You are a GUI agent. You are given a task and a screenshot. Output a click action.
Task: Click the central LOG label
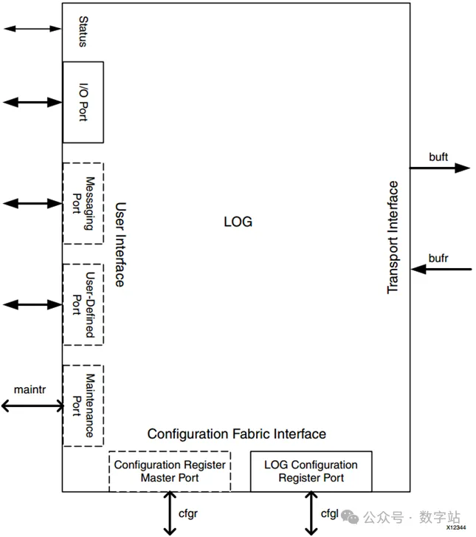pyautogui.click(x=238, y=222)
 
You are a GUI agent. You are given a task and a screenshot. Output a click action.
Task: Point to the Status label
pyautogui.click(x=83, y=32)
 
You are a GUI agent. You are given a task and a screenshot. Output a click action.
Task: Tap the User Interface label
pyautogui.click(x=120, y=244)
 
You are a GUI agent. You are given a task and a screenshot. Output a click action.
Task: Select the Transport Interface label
pyautogui.click(x=393, y=237)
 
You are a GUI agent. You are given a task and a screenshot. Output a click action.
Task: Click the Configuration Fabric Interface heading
pyautogui.click(x=236, y=434)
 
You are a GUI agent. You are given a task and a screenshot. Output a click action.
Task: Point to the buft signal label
pyautogui.click(x=438, y=157)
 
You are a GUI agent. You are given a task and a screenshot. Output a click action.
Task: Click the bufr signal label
pyautogui.click(x=438, y=258)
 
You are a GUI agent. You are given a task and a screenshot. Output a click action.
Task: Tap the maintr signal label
pyautogui.click(x=30, y=389)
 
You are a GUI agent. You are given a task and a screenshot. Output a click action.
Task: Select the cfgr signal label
pyautogui.click(x=188, y=513)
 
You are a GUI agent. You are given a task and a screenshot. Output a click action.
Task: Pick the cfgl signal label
pyautogui.click(x=330, y=513)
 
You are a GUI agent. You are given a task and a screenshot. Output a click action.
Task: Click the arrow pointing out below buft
pyautogui.click(x=440, y=168)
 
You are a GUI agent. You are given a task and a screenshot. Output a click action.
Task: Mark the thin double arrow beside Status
pyautogui.click(x=32, y=29)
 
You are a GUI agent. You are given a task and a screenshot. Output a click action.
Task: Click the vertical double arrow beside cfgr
pyautogui.click(x=170, y=513)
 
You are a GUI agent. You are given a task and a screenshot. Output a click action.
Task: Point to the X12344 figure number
pyautogui.click(x=456, y=527)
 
